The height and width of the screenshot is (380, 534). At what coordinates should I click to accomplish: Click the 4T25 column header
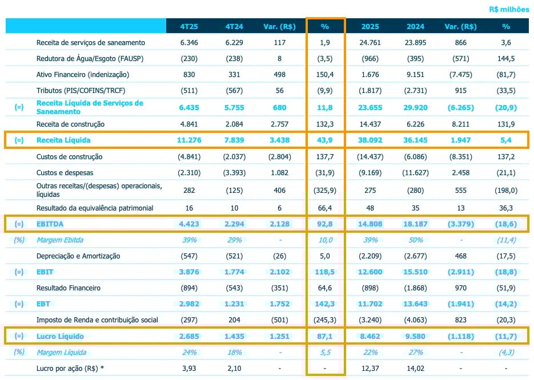click(189, 26)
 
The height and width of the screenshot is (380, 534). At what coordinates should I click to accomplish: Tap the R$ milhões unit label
click(509, 9)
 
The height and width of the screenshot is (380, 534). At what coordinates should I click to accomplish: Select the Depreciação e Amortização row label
click(78, 256)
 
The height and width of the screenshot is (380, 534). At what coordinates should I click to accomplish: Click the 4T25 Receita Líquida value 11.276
click(189, 140)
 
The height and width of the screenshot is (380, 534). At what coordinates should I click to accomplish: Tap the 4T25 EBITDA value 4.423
click(189, 224)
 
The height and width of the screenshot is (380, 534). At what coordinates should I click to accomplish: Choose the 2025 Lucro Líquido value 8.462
click(370, 336)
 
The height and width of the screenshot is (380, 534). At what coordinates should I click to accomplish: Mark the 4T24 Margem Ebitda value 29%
click(234, 240)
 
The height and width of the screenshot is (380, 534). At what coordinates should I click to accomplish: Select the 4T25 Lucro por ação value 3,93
click(189, 368)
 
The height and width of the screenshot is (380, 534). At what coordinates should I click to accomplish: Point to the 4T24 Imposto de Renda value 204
click(234, 320)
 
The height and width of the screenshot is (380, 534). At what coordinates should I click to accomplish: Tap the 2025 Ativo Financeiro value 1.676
click(370, 75)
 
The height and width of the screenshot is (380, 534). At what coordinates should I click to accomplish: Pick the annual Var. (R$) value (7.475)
click(460, 75)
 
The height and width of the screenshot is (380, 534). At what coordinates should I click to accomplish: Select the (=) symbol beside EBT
click(19, 304)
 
